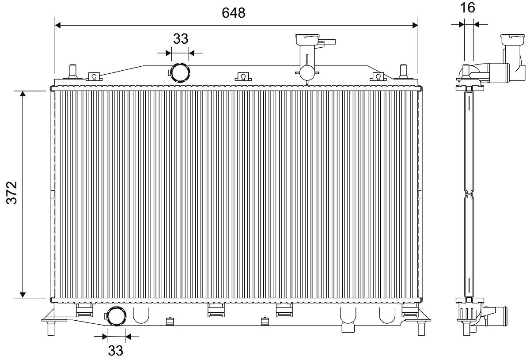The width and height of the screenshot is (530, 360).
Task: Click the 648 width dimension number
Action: coord(233,13)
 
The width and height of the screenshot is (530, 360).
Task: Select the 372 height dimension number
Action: coord(12,193)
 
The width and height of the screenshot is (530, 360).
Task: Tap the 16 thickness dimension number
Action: coord(468,8)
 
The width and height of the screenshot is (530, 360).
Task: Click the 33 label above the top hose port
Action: coord(181,39)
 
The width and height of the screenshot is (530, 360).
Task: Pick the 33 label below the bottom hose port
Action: coord(115,351)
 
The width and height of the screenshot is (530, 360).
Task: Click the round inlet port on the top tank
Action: coord(180,73)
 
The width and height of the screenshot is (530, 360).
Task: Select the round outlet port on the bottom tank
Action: coord(116,316)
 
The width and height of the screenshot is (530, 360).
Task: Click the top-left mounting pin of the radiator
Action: coord(72,72)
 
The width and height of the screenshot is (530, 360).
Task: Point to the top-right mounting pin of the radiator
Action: coord(403,72)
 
